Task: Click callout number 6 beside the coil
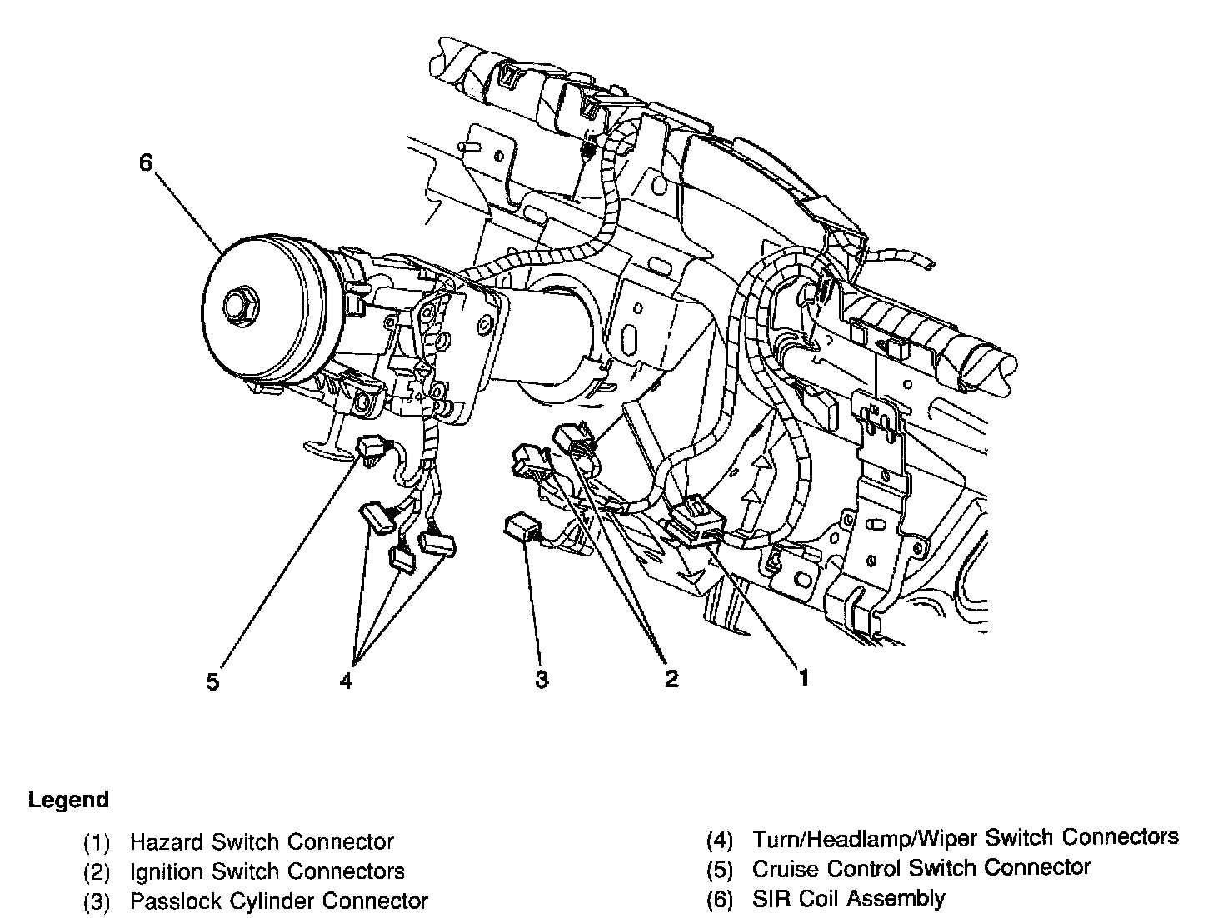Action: pyautogui.click(x=146, y=162)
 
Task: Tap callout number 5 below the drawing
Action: pyautogui.click(x=213, y=682)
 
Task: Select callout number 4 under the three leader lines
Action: pyautogui.click(x=347, y=681)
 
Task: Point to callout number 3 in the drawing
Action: pyautogui.click(x=542, y=680)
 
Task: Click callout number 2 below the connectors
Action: pyautogui.click(x=671, y=680)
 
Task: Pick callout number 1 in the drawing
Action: pyautogui.click(x=804, y=678)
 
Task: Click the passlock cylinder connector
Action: pyautogui.click(x=520, y=527)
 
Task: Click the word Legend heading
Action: pyautogui.click(x=68, y=801)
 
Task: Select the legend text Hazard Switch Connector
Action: pyautogui.click(x=261, y=842)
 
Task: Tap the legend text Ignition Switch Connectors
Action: pyautogui.click(x=267, y=872)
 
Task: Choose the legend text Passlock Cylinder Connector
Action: pyautogui.click(x=278, y=901)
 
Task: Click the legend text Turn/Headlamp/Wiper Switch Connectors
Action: pyautogui.click(x=965, y=837)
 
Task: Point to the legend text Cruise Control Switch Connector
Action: pyautogui.click(x=921, y=868)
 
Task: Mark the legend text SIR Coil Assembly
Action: pyautogui.click(x=848, y=898)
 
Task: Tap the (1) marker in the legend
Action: pyautogui.click(x=97, y=843)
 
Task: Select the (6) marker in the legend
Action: pyautogui.click(x=720, y=901)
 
